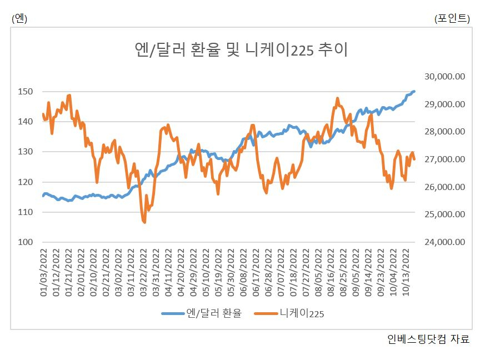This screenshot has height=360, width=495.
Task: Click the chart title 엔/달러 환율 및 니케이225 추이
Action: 241,49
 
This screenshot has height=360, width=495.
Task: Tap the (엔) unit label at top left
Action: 19,18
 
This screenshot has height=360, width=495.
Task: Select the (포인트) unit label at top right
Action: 452,18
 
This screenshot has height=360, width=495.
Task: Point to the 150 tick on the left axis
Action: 25,92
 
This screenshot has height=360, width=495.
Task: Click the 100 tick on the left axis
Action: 25,242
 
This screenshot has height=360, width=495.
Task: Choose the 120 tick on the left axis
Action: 25,182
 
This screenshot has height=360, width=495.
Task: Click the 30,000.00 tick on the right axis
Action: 444,77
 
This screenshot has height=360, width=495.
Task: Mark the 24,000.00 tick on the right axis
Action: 444,242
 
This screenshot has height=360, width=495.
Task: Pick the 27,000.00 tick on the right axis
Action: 444,159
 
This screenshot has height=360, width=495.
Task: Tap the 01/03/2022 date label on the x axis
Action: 43,273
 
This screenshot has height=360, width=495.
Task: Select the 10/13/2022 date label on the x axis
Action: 406,273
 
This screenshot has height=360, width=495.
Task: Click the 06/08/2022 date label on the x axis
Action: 243,273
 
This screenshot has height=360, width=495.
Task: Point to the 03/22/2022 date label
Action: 144,273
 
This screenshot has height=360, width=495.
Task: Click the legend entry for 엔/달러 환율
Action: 202,313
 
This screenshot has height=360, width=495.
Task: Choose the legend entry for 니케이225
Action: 289,313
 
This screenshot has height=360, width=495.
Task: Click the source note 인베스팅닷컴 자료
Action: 428,339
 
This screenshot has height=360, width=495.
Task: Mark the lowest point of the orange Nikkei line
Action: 144,222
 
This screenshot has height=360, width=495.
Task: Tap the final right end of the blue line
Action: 414,91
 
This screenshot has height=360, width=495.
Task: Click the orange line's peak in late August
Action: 337,98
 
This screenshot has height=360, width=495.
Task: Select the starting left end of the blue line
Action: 43,196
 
